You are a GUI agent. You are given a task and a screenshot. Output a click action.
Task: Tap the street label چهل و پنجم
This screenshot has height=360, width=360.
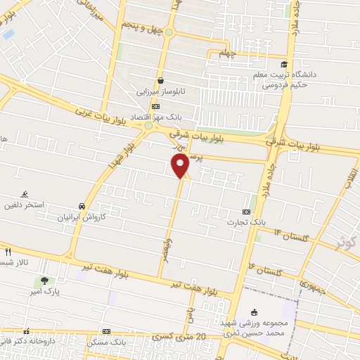tap(142, 28)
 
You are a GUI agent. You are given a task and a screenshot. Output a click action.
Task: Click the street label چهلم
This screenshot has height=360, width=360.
tap(224, 53)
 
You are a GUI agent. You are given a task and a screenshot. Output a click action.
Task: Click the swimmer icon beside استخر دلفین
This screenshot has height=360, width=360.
tap(26, 193)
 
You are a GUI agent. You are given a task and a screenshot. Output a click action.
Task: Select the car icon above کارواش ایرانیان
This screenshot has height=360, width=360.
tap(83, 206)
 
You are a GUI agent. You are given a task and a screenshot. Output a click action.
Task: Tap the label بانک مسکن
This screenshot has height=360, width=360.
tap(105, 341)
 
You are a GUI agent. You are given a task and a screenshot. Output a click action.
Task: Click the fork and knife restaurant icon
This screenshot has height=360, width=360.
tap(8, 252)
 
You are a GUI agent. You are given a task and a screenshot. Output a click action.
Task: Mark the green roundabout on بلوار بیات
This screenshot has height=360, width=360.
tap(148, 126)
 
